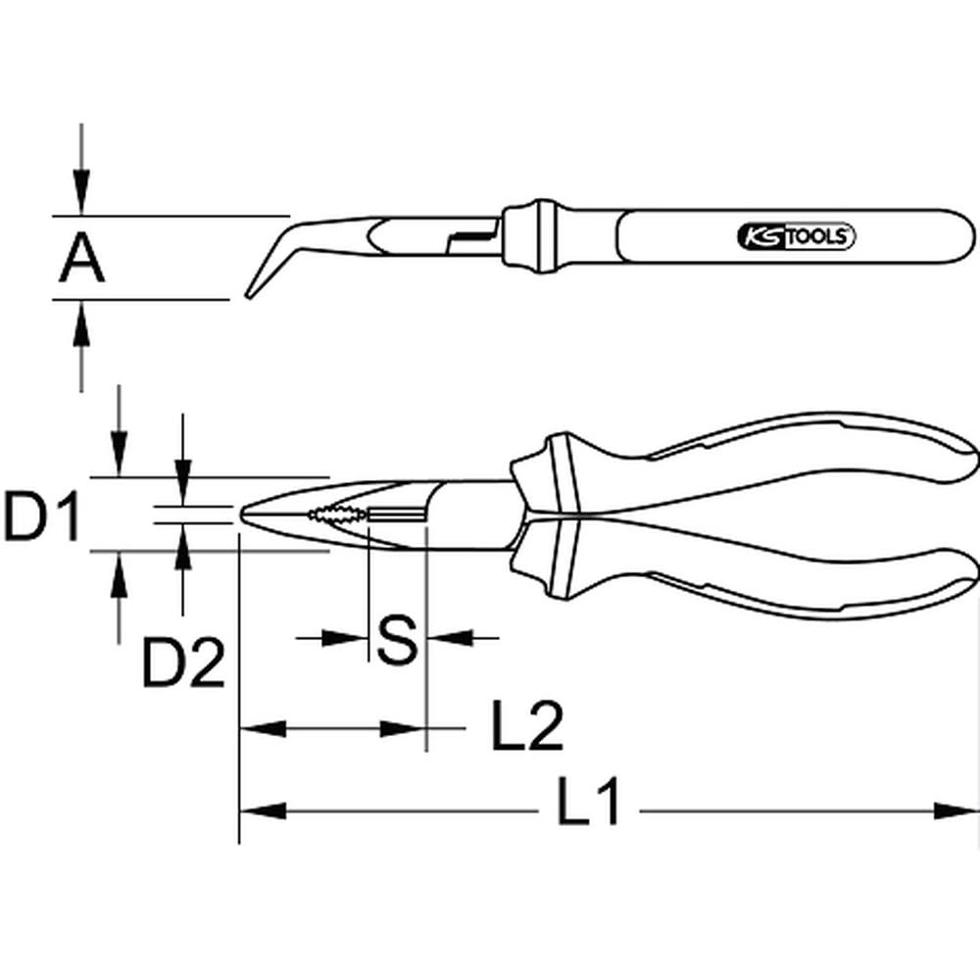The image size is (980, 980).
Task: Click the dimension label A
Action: pos(81,258)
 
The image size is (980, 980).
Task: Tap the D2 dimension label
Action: pos(184,663)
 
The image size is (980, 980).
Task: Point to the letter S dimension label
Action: pos(397,639)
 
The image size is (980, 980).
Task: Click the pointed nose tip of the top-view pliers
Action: pos(243,513)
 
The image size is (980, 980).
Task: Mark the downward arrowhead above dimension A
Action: pos(81,196)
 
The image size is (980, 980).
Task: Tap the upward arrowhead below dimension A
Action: pos(81,318)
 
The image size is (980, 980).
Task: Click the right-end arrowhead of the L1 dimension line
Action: pos(956,810)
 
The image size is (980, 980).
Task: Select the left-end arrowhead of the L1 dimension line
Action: pos(261,810)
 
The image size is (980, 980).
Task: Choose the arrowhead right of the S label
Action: pos(447,638)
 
